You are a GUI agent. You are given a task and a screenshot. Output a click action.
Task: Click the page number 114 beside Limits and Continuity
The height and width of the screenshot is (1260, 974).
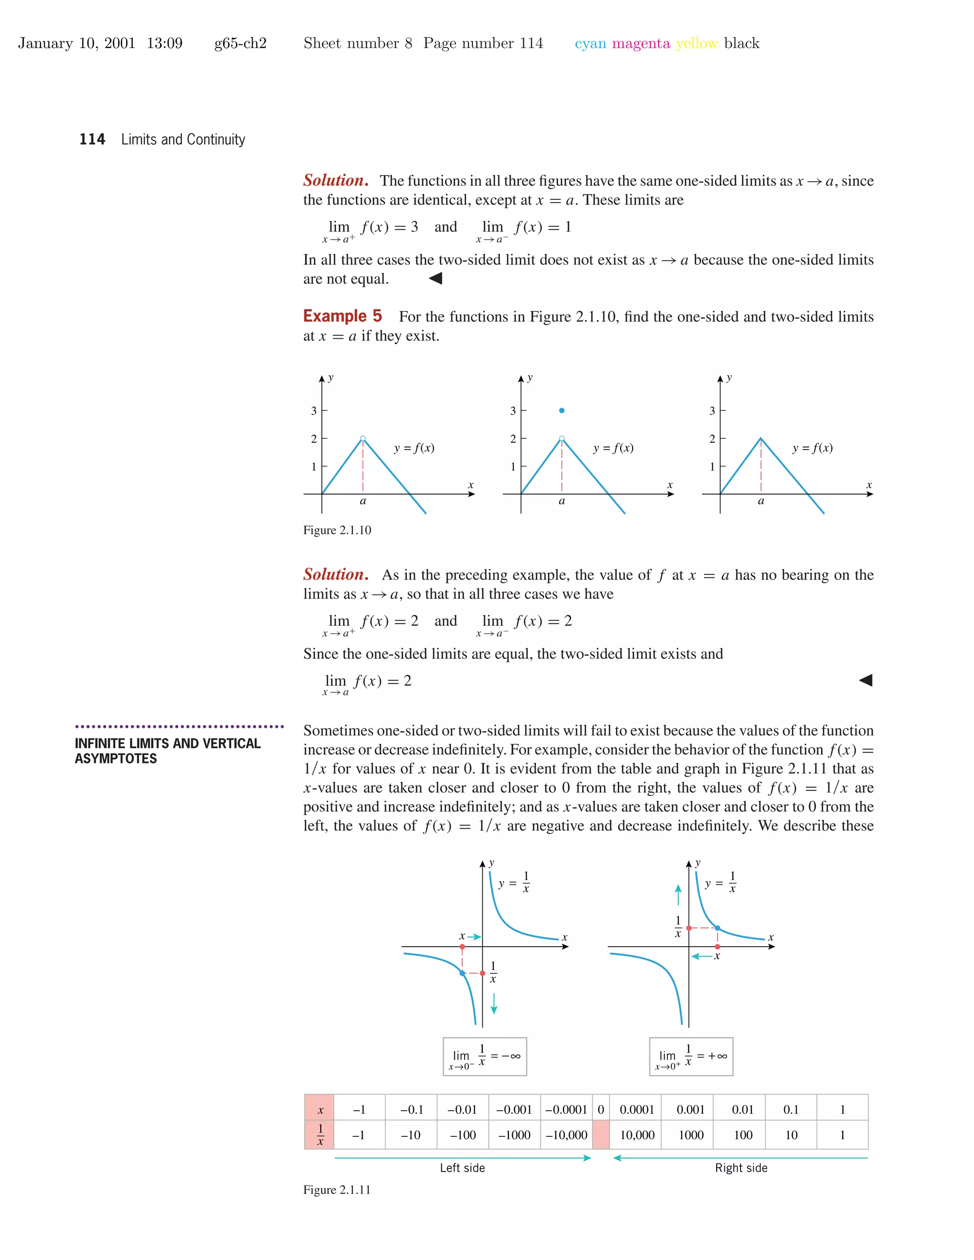92,140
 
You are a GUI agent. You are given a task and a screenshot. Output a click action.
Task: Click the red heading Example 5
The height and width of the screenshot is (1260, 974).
342,316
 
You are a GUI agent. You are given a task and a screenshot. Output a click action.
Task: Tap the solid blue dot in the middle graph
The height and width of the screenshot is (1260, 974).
562,411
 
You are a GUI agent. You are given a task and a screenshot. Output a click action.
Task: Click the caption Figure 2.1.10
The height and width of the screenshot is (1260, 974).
337,530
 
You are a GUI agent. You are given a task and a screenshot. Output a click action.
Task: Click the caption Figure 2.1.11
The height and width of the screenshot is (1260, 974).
337,1190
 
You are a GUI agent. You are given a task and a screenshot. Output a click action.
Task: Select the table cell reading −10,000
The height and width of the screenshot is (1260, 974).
566,1135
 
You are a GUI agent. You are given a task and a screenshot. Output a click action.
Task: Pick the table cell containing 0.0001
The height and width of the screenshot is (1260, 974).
636,1109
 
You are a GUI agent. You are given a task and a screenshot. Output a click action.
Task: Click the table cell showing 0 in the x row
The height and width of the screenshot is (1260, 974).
601,1109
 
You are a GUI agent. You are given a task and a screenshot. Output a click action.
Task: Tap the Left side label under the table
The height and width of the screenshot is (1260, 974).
462,1168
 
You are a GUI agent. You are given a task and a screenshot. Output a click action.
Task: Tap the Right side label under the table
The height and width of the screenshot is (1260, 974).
741,1168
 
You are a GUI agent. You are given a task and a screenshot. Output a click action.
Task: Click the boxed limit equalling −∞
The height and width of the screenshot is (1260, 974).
485,1056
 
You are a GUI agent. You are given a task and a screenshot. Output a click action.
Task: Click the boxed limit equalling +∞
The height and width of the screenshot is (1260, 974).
691,1056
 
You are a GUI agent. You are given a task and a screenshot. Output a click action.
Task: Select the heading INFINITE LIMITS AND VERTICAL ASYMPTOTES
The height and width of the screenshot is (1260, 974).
167,751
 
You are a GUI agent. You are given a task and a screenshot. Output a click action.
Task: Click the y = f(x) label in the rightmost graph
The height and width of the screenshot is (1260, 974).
812,448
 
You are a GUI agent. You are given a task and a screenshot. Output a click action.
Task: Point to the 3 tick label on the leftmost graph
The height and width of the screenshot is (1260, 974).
314,411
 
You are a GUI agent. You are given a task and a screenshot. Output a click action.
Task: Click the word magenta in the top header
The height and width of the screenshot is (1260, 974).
641,43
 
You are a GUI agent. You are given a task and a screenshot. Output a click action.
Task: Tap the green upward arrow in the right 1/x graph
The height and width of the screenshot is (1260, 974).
678,895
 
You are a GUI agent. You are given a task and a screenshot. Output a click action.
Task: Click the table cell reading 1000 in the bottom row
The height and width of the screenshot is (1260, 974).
691,1135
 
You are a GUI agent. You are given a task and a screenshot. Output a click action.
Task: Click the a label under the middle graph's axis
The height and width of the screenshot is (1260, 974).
562,501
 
